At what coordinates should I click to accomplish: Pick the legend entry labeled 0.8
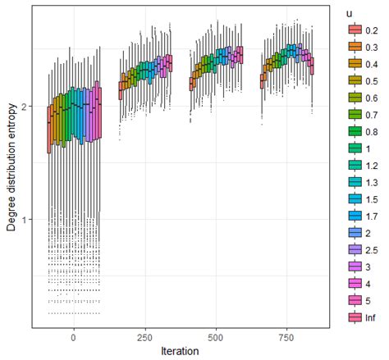pos(361,130)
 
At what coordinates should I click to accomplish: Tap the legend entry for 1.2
pos(361,163)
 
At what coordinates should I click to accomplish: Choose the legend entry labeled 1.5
pos(361,198)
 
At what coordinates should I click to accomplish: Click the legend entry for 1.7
pos(361,215)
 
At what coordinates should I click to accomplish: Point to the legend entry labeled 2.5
pos(361,248)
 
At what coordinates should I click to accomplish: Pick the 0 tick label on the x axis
pos(74,336)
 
